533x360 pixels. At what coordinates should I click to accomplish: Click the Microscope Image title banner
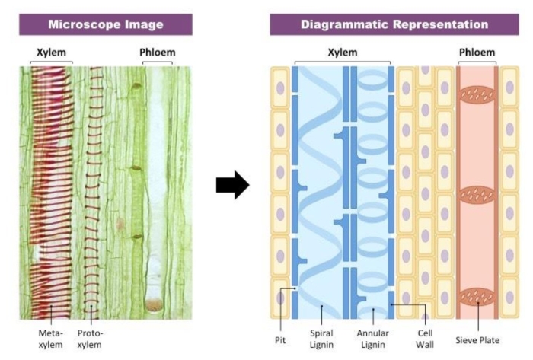click(x=106, y=24)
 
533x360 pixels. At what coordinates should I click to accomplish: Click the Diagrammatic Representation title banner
click(x=394, y=24)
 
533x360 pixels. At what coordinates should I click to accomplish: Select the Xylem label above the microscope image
click(x=52, y=53)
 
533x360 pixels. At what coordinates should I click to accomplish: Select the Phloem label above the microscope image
click(x=158, y=53)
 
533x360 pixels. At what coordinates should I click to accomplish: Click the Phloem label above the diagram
click(x=477, y=53)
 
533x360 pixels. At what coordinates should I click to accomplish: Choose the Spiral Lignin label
click(x=323, y=338)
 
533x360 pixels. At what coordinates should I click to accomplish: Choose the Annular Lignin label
click(x=374, y=338)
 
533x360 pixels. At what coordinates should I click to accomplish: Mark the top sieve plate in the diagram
click(x=477, y=95)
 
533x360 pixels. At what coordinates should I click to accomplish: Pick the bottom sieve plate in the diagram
click(x=477, y=295)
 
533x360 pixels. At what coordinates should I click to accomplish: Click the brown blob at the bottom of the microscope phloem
click(x=155, y=304)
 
